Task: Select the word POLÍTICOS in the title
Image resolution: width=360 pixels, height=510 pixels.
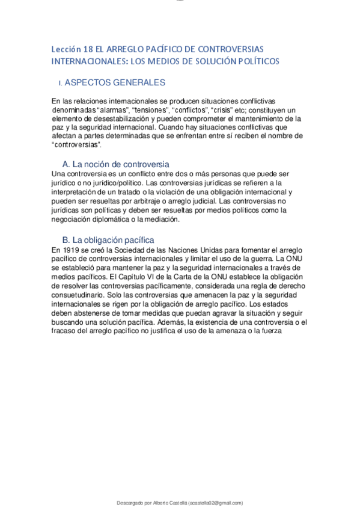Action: (258, 61)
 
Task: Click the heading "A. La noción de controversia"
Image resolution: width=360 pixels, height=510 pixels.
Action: (116, 164)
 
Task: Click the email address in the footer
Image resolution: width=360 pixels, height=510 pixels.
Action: (215, 503)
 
